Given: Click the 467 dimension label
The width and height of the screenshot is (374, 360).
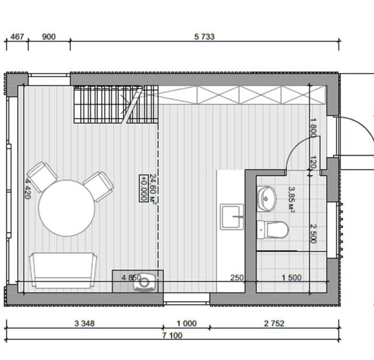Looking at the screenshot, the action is (17, 37).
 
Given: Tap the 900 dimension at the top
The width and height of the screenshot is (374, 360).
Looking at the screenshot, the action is (48, 37).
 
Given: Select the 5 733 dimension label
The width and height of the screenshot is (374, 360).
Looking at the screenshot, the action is (204, 37).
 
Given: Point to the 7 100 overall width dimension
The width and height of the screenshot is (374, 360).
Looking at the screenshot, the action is (172, 336).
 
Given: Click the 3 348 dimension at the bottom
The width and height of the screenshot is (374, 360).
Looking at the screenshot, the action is (84, 324).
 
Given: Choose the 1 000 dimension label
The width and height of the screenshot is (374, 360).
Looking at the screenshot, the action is (187, 324).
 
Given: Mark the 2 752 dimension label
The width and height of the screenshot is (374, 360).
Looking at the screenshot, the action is (274, 324).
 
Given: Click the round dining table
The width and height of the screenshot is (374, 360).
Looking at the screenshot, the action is (67, 208).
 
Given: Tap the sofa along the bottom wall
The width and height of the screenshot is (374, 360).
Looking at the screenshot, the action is (63, 270).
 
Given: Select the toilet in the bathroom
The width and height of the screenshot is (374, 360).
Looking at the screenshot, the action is (273, 229).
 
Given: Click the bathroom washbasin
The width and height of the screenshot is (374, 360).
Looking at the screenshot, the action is (267, 199).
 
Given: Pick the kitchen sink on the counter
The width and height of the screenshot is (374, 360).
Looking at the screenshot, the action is (232, 217).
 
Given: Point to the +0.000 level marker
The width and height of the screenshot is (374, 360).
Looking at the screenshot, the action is (143, 188).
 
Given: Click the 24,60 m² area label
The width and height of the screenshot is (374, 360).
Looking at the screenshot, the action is (153, 189).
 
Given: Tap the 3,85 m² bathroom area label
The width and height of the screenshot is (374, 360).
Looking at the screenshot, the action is (292, 199).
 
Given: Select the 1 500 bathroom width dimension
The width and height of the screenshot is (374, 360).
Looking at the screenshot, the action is (292, 277).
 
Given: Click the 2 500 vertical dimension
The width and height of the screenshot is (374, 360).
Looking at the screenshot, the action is (314, 233).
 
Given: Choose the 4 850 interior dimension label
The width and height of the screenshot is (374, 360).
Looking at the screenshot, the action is (131, 277).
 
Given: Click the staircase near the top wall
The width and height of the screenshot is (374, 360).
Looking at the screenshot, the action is (116, 104).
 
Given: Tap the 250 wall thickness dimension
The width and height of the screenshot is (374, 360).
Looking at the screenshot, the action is (237, 277).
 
